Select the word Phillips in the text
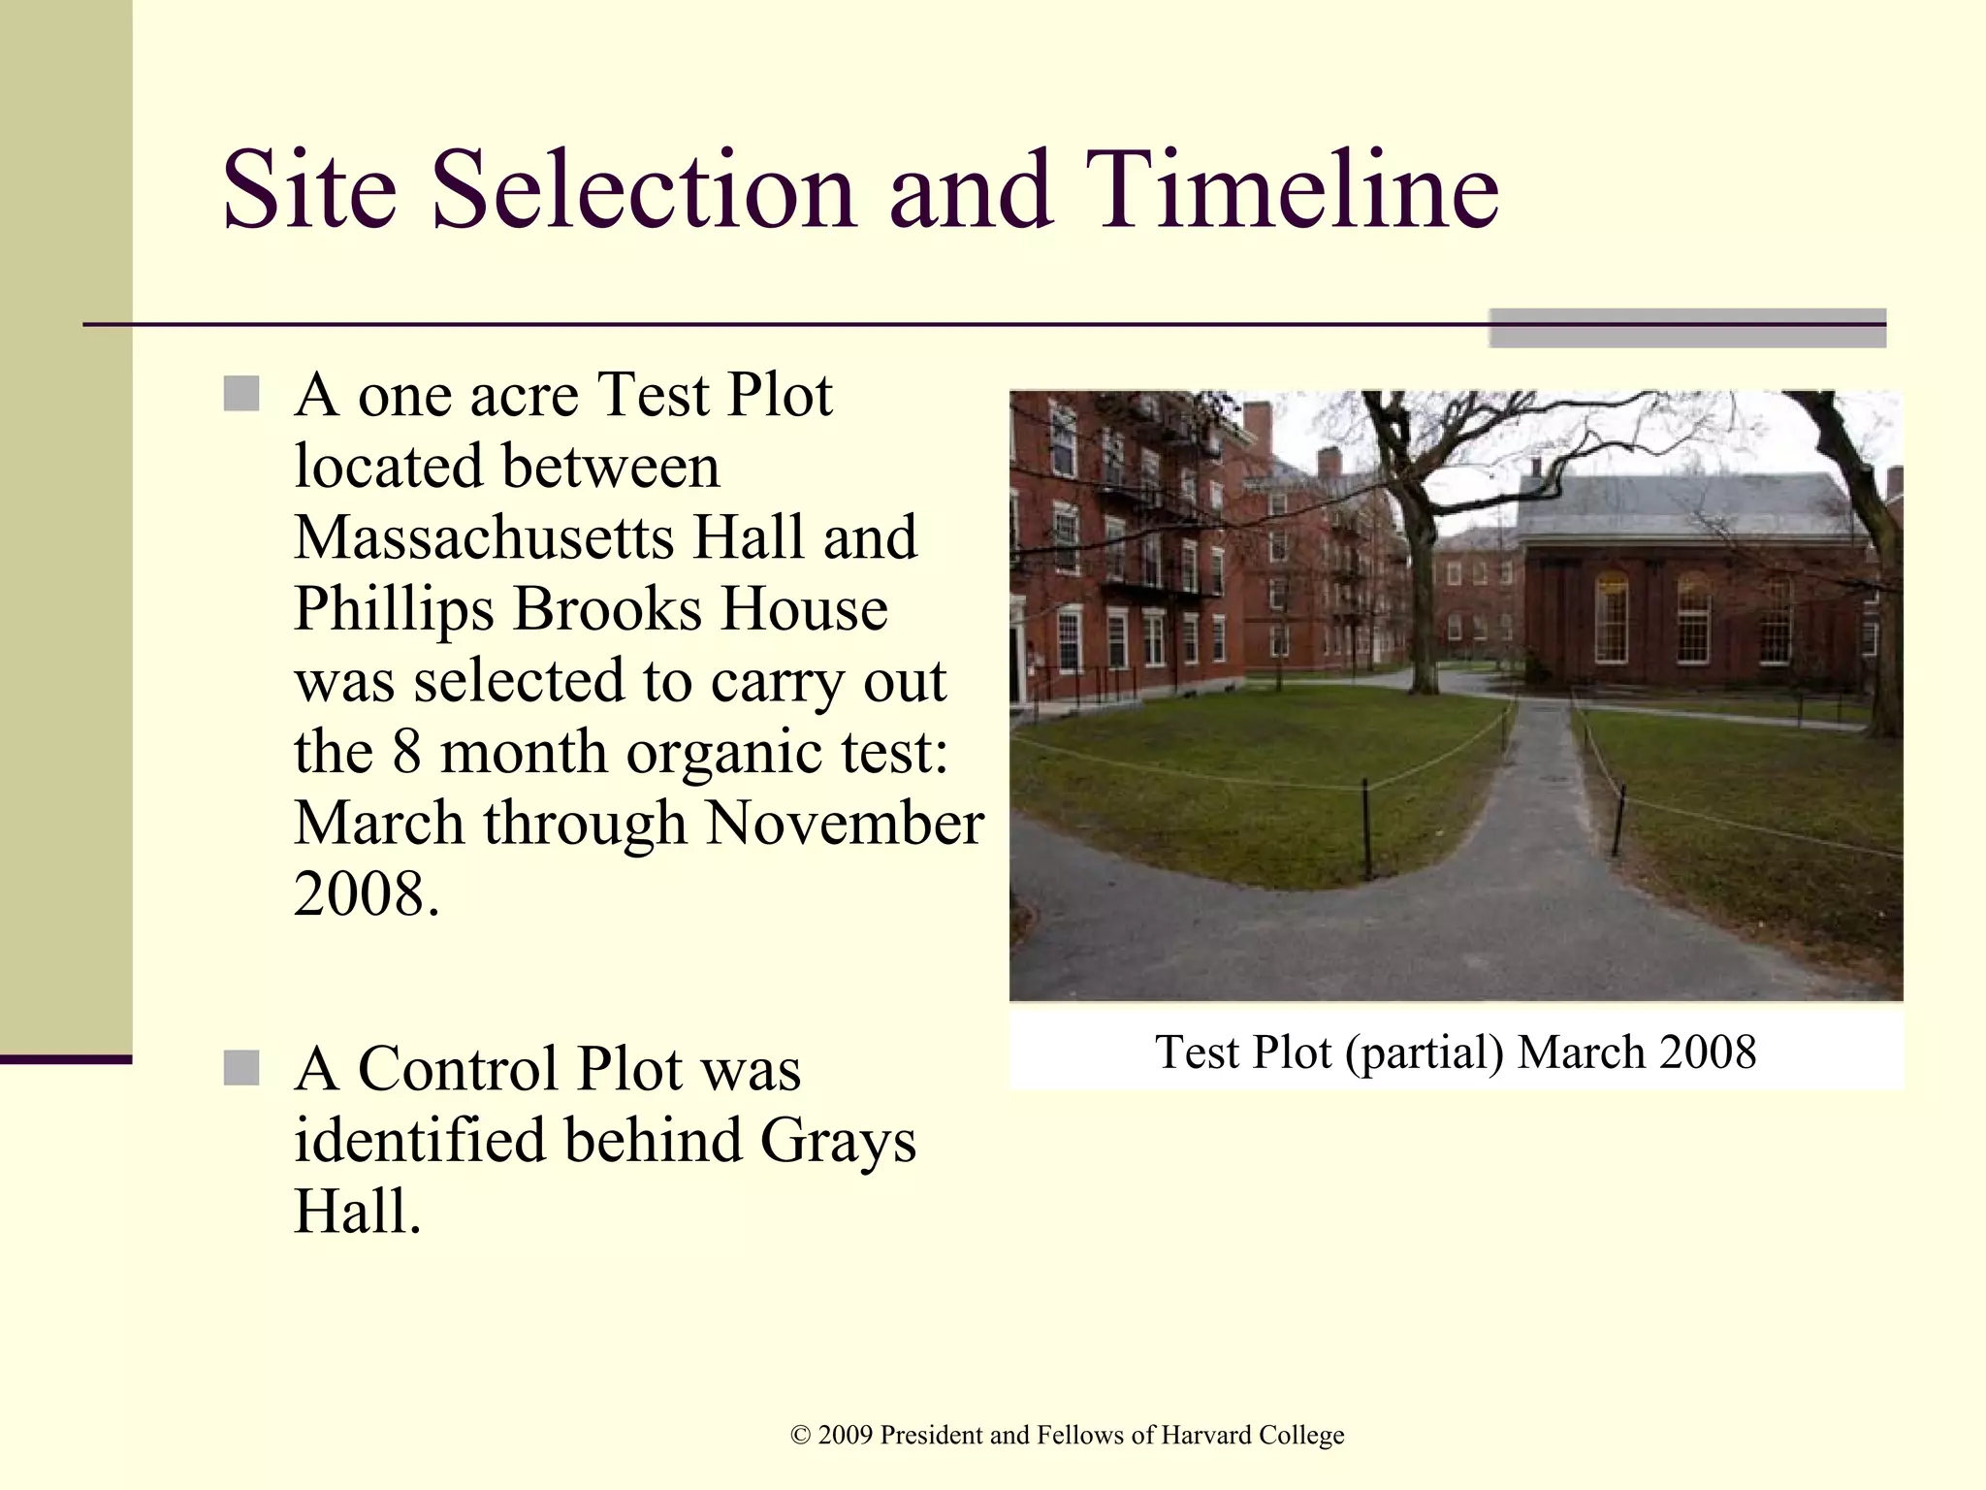(394, 609)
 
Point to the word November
(844, 824)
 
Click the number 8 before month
(406, 753)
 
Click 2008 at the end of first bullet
(359, 894)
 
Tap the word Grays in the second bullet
(837, 1142)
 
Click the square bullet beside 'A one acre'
(241, 394)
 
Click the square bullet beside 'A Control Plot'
(241, 1068)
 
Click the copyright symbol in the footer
(800, 1435)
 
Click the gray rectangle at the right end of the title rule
(1687, 328)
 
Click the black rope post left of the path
(1366, 829)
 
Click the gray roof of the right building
(1687, 504)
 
